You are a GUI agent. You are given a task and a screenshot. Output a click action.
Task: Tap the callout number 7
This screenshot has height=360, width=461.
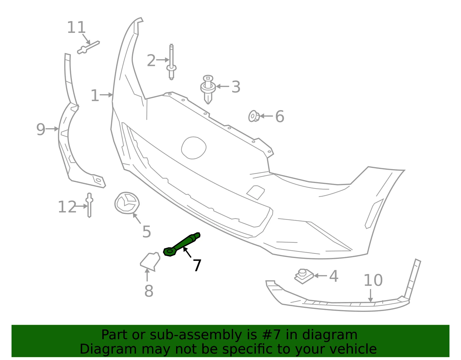[x=197, y=265]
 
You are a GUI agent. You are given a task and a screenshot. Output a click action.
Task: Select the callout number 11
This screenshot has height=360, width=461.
[x=76, y=27]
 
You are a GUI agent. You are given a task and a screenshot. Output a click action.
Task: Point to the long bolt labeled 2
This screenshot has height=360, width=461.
[x=171, y=62]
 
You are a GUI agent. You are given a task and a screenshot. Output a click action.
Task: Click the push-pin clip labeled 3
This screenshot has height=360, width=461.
[x=208, y=89]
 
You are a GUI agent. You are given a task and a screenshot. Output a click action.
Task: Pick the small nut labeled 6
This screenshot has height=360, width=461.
[x=254, y=116]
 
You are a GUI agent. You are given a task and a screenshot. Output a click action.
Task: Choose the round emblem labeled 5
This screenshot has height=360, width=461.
[x=127, y=203]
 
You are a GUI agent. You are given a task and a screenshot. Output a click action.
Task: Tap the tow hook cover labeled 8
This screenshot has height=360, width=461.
[x=150, y=261]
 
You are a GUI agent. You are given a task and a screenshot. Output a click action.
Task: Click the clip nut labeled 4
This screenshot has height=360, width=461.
[x=304, y=276]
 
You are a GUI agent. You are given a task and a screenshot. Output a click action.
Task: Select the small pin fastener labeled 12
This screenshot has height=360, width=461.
[x=89, y=205]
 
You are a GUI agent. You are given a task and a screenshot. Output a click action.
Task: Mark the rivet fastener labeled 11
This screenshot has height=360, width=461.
[x=88, y=48]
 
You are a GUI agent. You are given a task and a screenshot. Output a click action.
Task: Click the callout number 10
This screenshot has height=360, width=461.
[x=373, y=280]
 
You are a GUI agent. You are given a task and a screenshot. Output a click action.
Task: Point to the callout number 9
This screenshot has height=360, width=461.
[x=41, y=129]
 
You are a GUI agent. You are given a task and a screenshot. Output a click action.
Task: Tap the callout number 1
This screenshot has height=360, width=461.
[x=95, y=95]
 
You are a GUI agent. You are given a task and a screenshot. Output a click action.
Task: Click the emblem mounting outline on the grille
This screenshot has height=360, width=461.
[x=194, y=148]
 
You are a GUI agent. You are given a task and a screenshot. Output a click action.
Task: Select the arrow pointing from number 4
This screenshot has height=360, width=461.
[x=321, y=276]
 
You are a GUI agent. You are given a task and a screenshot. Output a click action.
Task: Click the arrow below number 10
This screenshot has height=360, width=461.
[x=371, y=295]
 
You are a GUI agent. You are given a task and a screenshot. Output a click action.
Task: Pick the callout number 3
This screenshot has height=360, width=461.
[x=236, y=87]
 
